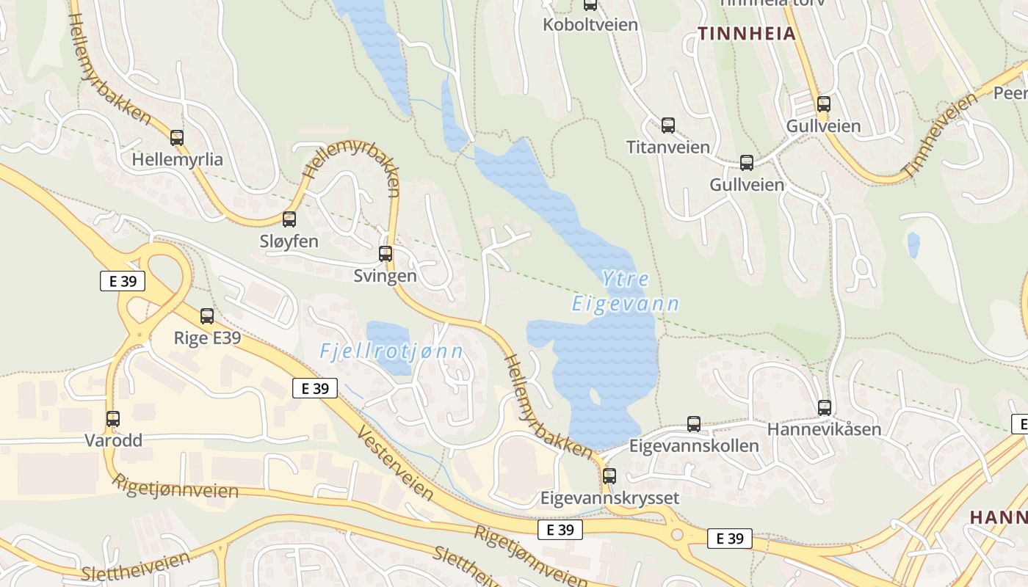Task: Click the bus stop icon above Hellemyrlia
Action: coord(177,137)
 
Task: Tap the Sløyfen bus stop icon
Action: coord(289,219)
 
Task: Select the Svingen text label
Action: coord(385,276)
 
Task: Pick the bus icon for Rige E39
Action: coord(207,316)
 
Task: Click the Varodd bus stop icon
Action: coord(112,419)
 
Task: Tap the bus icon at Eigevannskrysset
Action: coord(609,475)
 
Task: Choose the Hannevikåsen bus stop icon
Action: coord(825,408)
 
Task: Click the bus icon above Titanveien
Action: coord(667,125)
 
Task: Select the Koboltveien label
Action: coord(590,24)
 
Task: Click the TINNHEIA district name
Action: coord(747,33)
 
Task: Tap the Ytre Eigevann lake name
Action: coord(626,291)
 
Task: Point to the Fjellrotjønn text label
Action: coord(391,351)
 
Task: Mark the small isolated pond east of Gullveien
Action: coord(913,245)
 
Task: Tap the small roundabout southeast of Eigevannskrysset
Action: coord(676,535)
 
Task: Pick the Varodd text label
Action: coord(113,441)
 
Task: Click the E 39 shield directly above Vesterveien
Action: coord(315,388)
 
